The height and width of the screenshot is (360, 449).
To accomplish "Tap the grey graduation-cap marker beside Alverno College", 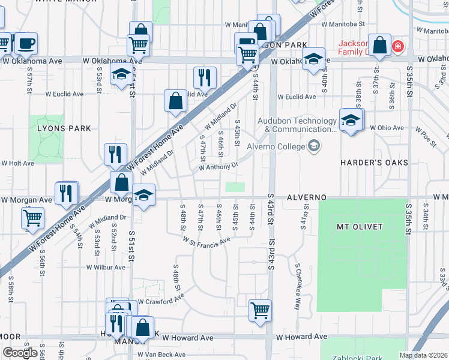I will [x=313, y=146].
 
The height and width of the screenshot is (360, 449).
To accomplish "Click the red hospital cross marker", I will [x=397, y=46].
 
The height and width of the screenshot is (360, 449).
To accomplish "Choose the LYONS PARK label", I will [x=64, y=128].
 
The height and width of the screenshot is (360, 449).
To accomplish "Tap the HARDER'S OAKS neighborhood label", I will [x=374, y=163].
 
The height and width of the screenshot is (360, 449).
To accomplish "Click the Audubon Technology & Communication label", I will [x=297, y=124].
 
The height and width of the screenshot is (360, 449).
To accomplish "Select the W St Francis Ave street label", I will [x=207, y=241].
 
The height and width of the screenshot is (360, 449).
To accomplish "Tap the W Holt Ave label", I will [x=18, y=163].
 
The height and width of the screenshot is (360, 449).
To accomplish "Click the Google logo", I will [x=20, y=353].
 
